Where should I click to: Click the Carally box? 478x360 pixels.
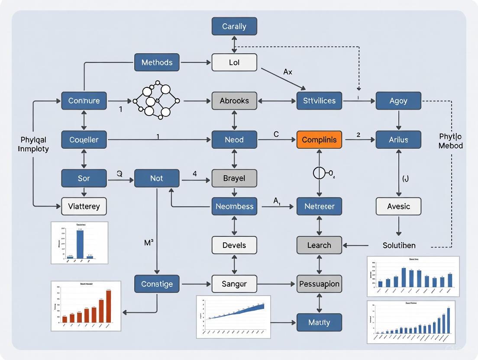tap(234, 26)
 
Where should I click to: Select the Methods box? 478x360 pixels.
tap(157, 62)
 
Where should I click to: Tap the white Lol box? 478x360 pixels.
tap(234, 62)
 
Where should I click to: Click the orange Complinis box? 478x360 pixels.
tap(319, 140)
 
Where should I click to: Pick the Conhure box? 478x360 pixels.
tap(84, 101)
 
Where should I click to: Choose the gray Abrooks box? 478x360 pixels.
tap(234, 101)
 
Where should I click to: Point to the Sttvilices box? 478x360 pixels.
tap(319, 101)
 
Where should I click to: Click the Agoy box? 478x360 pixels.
tap(398, 101)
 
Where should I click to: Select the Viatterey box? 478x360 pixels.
tap(84, 206)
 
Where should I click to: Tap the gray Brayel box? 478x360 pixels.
tap(234, 178)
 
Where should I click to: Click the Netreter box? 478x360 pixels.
tap(319, 206)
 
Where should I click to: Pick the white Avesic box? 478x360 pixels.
tap(398, 206)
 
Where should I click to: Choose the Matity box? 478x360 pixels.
tap(319, 322)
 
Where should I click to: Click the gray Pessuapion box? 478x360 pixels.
tap(319, 284)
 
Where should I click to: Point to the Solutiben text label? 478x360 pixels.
tap(399, 245)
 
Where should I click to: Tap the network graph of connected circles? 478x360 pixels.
tap(156, 100)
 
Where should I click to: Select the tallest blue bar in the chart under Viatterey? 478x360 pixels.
tap(80, 244)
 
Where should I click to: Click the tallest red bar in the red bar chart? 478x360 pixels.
tap(108, 306)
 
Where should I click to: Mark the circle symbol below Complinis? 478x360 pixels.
tap(319, 174)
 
